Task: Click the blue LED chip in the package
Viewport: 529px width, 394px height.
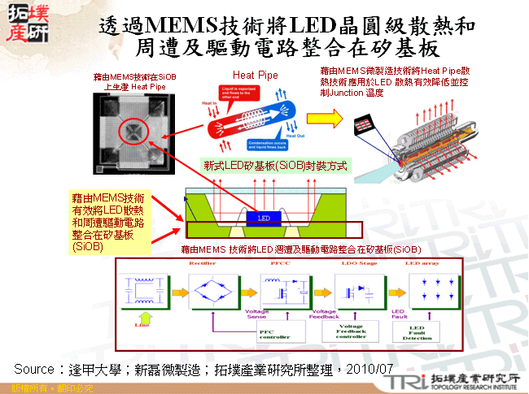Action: (263, 218)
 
